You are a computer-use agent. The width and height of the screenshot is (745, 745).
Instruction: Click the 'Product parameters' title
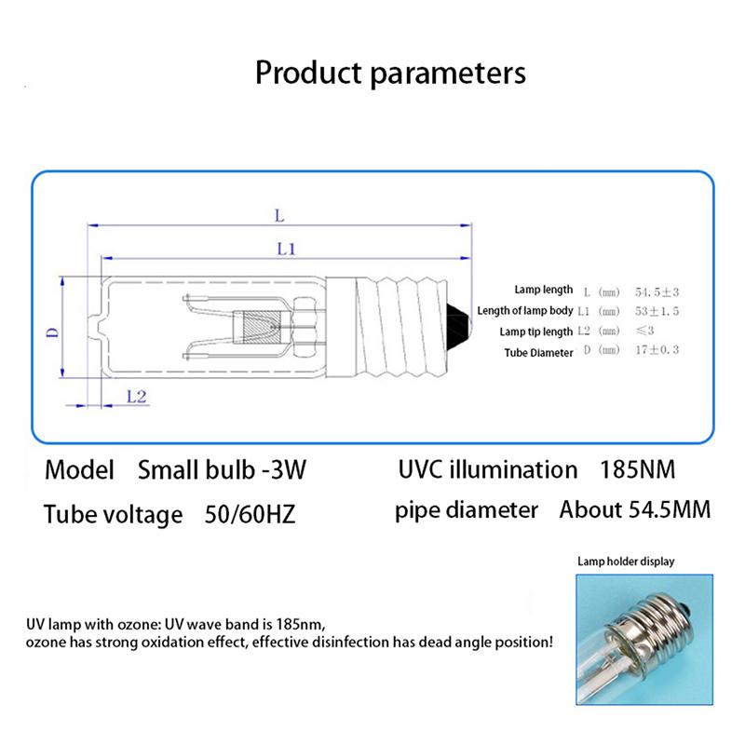click(x=390, y=72)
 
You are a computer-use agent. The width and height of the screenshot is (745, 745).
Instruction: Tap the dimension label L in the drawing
click(x=278, y=215)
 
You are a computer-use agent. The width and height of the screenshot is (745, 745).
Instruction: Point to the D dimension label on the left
click(x=53, y=331)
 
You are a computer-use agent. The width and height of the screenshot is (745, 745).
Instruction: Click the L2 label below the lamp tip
click(x=136, y=397)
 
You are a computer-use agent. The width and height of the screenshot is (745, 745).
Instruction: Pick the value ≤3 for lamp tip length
click(x=645, y=332)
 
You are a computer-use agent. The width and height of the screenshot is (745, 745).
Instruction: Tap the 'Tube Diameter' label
click(x=538, y=353)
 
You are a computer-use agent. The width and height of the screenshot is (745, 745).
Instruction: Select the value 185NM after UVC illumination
click(x=638, y=469)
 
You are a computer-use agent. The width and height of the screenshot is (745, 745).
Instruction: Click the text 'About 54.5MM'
click(x=634, y=510)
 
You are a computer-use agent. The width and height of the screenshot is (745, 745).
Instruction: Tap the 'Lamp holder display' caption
click(x=626, y=562)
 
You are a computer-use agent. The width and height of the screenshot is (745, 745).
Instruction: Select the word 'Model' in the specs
click(x=79, y=469)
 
